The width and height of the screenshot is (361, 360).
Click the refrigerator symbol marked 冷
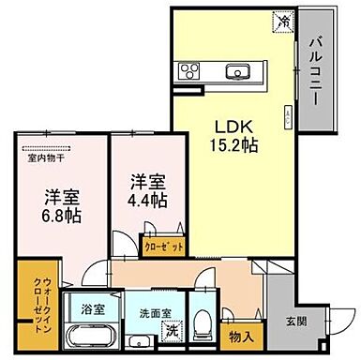coord(281,18)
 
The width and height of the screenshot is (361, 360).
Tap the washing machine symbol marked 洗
coord(172,331)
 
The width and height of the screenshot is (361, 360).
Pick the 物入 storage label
coord(240,335)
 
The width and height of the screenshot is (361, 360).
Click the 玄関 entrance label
coord(296,323)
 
